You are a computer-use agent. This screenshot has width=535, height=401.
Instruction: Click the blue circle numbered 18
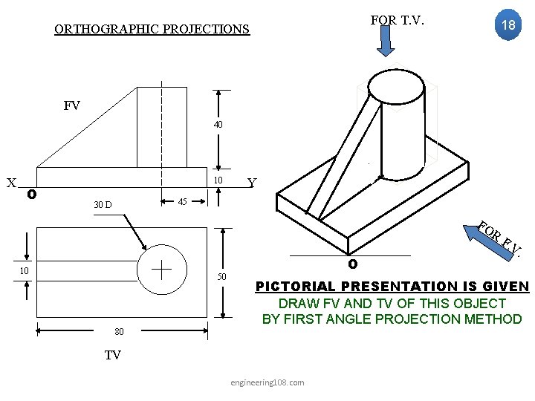coord(508,25)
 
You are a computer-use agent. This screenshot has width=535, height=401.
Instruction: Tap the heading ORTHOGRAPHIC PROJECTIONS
coord(152,30)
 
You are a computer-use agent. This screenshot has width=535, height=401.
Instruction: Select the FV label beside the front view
coord(72,105)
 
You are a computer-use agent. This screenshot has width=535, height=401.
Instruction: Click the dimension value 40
coord(218,125)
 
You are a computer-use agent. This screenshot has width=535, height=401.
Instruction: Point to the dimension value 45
coord(181,202)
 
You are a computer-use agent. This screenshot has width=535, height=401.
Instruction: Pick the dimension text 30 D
coord(103,204)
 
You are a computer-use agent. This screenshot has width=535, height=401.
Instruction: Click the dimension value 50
coord(221,277)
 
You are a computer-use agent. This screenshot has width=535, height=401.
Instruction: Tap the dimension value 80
coord(119,331)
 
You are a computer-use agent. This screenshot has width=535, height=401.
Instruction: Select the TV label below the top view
coord(112,355)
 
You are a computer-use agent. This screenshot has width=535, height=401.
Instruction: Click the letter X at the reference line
coord(11,183)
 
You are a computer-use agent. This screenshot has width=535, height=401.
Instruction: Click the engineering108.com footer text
coord(267,382)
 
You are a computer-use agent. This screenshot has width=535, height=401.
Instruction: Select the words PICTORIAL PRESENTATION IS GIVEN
coord(392,287)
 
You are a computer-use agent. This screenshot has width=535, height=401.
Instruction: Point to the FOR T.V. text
coord(397,20)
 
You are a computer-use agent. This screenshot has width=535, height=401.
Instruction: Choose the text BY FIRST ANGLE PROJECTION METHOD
coord(392,319)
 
